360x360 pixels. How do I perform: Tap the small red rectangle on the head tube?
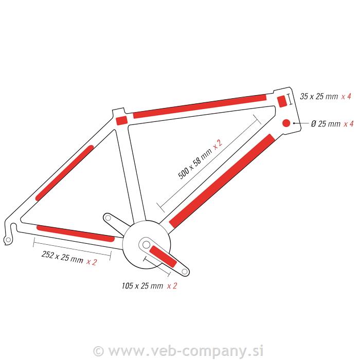(x=281, y=100)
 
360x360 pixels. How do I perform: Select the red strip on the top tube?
(x=200, y=106)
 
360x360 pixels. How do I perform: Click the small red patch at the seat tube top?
(x=121, y=120)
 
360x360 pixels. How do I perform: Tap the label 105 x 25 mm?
(x=142, y=285)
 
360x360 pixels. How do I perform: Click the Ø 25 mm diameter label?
(x=326, y=123)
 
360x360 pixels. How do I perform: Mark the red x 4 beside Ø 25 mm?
(x=348, y=123)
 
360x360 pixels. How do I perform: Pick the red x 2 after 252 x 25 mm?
(x=92, y=262)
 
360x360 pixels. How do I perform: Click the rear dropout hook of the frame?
(x=8, y=238)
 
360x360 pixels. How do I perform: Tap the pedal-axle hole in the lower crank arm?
(x=183, y=269)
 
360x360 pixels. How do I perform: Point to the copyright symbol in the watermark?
(x=100, y=351)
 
